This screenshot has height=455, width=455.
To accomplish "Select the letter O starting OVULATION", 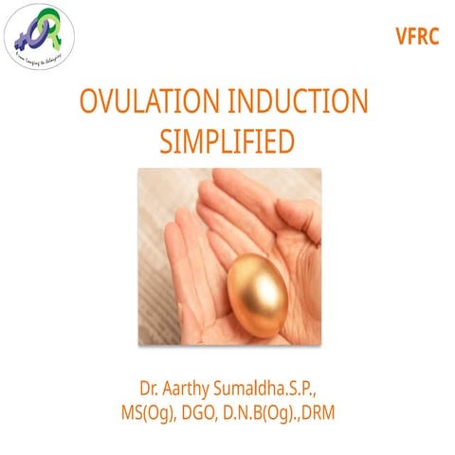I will point(88,102).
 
